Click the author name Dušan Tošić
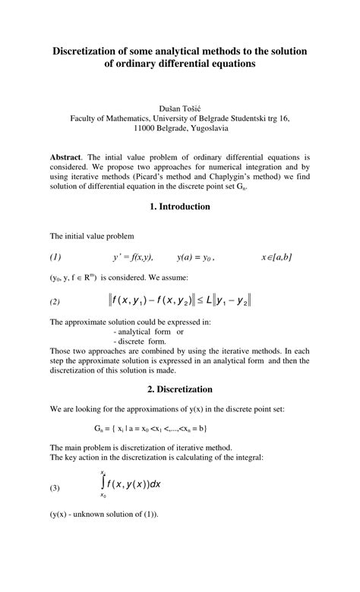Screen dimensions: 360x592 pos(180,107)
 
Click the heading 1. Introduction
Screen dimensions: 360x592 pos(180,206)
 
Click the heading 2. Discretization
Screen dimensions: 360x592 pos(180,389)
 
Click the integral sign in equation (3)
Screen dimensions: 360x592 pos(102,483)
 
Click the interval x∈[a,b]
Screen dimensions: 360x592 pos(276,257)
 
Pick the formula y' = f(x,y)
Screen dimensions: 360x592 pos(133,257)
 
